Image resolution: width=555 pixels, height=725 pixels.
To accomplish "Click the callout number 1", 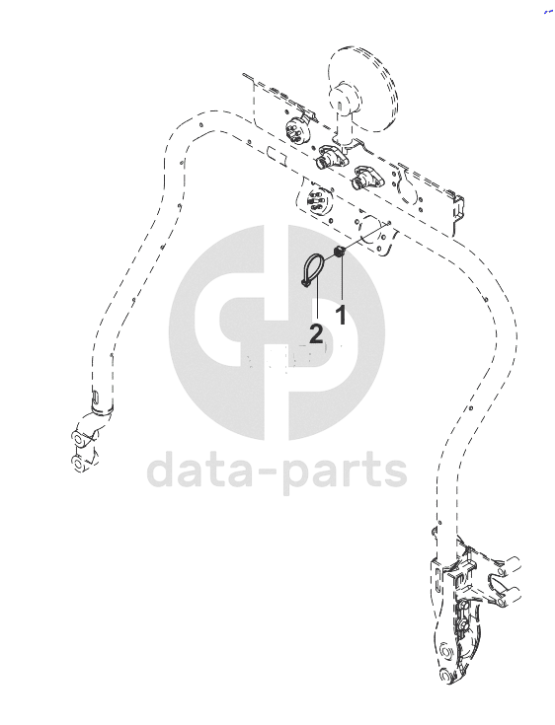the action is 341,315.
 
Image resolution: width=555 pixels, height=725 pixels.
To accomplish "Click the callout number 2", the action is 316,333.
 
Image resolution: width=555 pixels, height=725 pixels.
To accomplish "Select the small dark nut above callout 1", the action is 340,252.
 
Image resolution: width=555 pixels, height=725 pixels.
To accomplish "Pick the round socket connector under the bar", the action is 318,202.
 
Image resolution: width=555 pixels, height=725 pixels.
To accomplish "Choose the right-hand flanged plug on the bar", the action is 365,178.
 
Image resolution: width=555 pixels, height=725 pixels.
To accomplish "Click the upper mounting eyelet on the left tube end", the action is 79,437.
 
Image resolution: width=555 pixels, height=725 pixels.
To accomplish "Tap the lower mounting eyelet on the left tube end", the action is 78,463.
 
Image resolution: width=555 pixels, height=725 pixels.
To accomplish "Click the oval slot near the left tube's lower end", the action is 95,397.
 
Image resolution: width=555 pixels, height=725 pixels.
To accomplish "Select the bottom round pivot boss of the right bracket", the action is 445,678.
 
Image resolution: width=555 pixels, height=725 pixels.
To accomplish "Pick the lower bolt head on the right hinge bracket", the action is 462,626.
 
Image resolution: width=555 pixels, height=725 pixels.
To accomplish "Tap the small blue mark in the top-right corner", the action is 548,12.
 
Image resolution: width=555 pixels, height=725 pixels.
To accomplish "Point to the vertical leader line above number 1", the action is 342,279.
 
